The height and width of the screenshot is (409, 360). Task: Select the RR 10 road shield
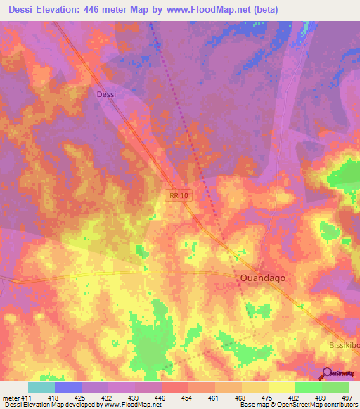(x=179, y=195)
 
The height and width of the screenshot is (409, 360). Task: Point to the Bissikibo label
(x=345, y=346)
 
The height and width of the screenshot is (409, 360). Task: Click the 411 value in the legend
(x=26, y=397)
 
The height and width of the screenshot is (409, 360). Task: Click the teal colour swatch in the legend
(x=41, y=387)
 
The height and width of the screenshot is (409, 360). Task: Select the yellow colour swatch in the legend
(x=281, y=387)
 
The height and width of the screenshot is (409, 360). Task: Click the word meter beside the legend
(x=9, y=397)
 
